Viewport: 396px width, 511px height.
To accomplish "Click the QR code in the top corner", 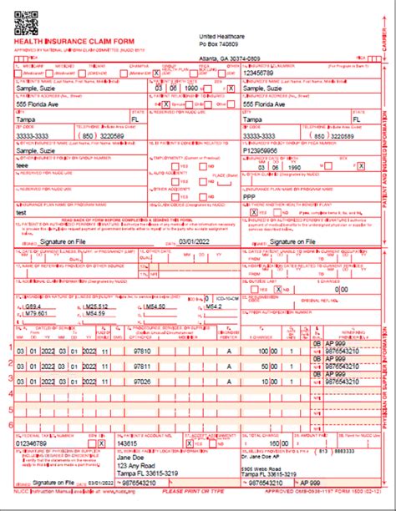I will (x=26, y=18).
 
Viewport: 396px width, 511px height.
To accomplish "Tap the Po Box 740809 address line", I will (x=220, y=43).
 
